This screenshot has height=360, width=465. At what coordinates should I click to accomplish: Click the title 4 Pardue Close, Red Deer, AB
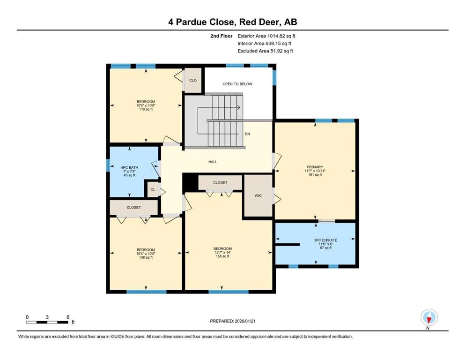pyautogui.click(x=233, y=22)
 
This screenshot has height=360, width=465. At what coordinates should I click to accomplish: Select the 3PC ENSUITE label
pyautogui.click(x=325, y=240)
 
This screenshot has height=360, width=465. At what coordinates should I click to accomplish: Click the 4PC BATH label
pyautogui.click(x=133, y=167)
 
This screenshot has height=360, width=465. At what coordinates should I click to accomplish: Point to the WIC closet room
pyautogui.click(x=258, y=195)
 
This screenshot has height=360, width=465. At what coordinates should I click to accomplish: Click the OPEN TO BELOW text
pyautogui.click(x=237, y=84)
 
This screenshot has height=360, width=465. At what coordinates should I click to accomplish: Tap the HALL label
pyautogui.click(x=213, y=162)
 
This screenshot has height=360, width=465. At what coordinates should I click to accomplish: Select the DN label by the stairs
pyautogui.click(x=247, y=134)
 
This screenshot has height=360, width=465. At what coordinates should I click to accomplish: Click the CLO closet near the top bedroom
pyautogui.click(x=192, y=80)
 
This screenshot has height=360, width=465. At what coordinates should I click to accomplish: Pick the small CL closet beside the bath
pyautogui.click(x=153, y=190)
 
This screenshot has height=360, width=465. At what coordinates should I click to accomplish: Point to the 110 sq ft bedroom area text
pyautogui.click(x=146, y=109)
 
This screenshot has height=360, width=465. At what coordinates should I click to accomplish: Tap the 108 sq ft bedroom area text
pyautogui.click(x=146, y=257)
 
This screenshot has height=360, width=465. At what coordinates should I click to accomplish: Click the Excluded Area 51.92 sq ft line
pyautogui.click(x=265, y=51)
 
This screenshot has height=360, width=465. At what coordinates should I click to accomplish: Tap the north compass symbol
pyautogui.click(x=428, y=318)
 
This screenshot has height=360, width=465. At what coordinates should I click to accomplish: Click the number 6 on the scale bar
pyautogui.click(x=68, y=317)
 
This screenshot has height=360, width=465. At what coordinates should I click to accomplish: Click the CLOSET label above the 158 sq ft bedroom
pyautogui.click(x=220, y=182)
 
